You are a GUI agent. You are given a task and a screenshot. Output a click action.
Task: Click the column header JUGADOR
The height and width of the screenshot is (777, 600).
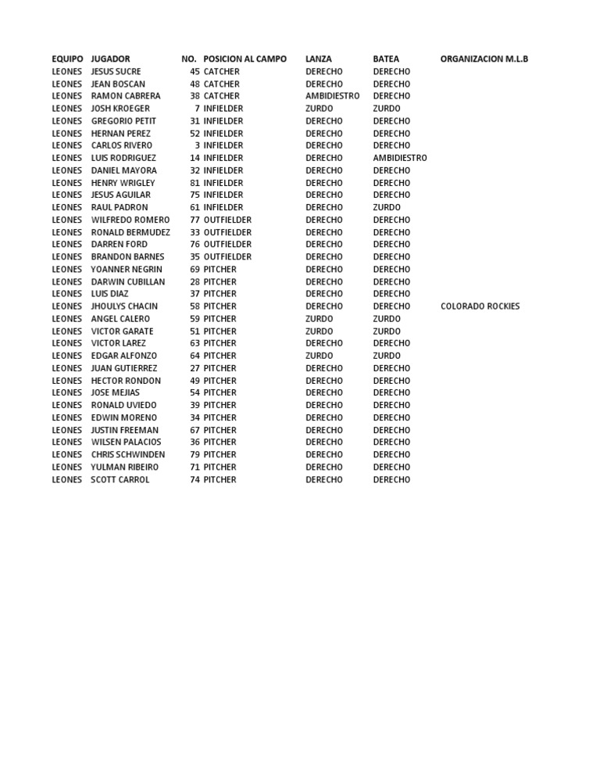point(110,59)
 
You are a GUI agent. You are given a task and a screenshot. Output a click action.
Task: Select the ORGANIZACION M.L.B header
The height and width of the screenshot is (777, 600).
point(484,59)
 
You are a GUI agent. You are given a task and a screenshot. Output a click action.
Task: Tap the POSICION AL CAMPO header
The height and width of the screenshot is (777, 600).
point(245,59)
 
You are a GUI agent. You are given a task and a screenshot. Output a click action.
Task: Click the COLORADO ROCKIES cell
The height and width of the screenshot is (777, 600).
point(480,306)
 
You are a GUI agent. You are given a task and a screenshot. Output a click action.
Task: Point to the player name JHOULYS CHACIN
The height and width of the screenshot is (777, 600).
point(124,306)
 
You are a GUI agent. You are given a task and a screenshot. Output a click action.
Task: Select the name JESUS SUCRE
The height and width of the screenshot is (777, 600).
point(116,71)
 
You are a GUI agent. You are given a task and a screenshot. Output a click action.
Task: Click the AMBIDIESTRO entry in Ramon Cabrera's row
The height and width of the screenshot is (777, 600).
point(332,96)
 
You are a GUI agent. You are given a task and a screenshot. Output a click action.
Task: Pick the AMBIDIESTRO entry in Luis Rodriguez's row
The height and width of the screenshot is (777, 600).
point(400,158)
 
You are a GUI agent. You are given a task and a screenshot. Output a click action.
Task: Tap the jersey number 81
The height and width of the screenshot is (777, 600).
point(195,183)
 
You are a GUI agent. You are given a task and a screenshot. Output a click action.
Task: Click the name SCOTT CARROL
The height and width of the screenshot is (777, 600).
point(120,479)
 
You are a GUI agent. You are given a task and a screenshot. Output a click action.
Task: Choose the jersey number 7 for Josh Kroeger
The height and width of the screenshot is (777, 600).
point(197,109)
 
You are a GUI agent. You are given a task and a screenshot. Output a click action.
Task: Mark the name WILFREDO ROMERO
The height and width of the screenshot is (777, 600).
point(130,220)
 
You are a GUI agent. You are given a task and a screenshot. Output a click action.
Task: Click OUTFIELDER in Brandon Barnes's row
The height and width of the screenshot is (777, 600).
point(227,256)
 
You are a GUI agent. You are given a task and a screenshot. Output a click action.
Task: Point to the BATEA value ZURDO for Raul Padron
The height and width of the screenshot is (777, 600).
point(387,207)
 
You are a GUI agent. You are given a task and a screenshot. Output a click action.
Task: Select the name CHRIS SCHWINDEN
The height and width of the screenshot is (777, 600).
point(127,454)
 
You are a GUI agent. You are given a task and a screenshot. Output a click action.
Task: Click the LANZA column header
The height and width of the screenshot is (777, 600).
point(318,59)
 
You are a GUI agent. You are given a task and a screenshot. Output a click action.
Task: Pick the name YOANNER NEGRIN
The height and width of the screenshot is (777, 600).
point(127,269)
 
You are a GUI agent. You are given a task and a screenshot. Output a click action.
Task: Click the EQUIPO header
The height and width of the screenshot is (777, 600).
point(67,59)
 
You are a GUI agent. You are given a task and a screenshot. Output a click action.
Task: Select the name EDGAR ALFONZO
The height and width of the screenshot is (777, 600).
point(123,356)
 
